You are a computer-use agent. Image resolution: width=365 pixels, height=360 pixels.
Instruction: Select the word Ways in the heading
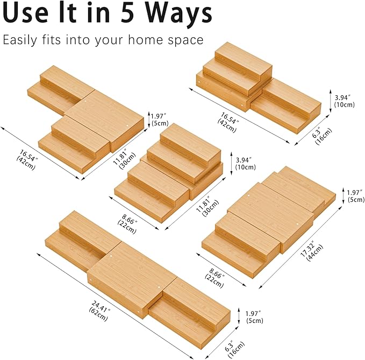pyautogui.click(x=178, y=15)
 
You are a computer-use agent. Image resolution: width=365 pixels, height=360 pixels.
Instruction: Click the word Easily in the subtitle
pyautogui.click(x=20, y=40)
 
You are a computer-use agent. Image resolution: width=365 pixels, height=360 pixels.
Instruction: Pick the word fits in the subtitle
pyautogui.click(x=52, y=39)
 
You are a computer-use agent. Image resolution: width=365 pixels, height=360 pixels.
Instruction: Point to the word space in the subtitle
pyautogui.click(x=186, y=40)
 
